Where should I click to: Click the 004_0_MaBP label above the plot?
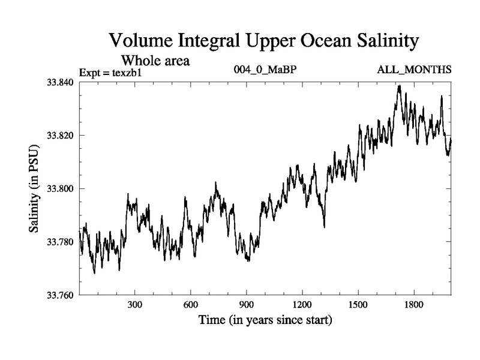[265, 71]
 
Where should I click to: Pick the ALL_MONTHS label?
[414, 71]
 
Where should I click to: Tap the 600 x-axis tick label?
[191, 305]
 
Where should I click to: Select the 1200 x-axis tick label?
[302, 305]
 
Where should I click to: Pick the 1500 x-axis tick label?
[358, 305]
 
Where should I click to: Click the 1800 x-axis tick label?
[414, 305]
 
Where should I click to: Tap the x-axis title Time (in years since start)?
[265, 321]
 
